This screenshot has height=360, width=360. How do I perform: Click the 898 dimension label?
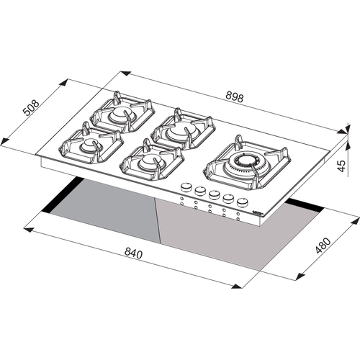pyautogui.click(x=235, y=97)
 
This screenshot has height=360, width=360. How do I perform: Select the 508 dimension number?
pyautogui.click(x=31, y=107)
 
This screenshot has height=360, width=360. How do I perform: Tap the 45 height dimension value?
pyautogui.click(x=341, y=166)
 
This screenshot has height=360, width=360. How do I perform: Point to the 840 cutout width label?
pyautogui.click(x=133, y=253)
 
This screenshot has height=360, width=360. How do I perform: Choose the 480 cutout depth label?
pyautogui.click(x=323, y=246)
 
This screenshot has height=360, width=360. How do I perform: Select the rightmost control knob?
pyautogui.click(x=242, y=202)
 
